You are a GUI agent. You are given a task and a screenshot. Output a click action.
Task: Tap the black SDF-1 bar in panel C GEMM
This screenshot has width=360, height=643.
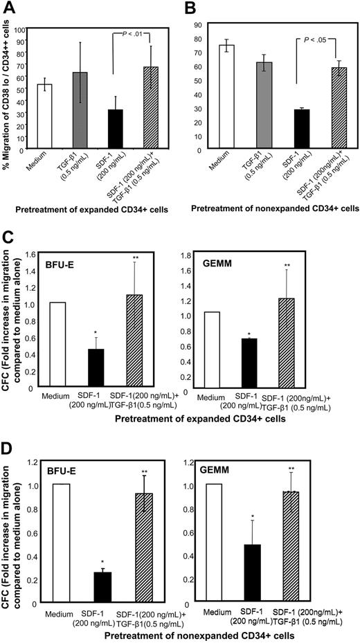pyautogui.click(x=262, y=360)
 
